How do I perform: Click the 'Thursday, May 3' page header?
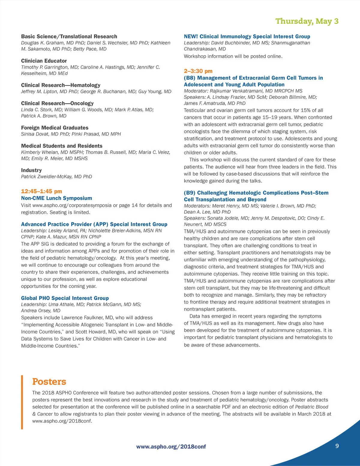pos(307,21)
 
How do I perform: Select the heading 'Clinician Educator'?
pos(44,61)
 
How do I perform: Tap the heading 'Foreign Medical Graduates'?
pos(55,128)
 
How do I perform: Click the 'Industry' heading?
pos(31,170)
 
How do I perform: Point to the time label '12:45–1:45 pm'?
pos(41,191)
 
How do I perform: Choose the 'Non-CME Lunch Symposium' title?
pos(56,198)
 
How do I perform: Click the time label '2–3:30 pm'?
pos(198,71)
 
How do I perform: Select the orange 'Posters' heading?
pos(49,382)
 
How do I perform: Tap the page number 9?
pos(337,446)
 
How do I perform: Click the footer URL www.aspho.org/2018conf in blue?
pos(171,447)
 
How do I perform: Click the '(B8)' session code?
pos(189,78)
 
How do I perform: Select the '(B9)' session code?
pos(189,193)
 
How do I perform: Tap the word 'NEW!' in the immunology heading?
pos(191,37)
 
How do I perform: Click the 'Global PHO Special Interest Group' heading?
pos(65,298)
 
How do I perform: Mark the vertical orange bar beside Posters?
pos(22,402)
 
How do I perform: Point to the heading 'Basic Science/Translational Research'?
pos(69,37)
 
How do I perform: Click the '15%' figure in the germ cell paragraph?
pos(304,110)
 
